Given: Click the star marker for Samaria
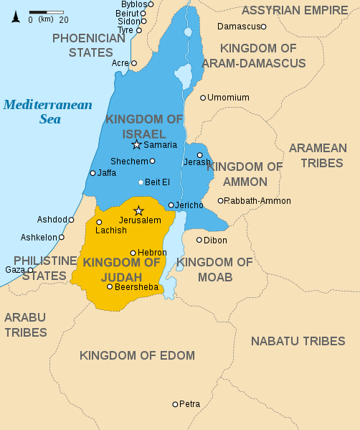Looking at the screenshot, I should pyautogui.click(x=137, y=145).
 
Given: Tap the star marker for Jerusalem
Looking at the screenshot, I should pyautogui.click(x=139, y=210).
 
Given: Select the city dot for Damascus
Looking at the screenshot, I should pyautogui.click(x=263, y=27).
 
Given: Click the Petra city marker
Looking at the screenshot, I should pyautogui.click(x=175, y=404).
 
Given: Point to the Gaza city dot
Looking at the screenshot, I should pyautogui.click(x=30, y=270).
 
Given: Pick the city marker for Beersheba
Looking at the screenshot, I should pyautogui.click(x=110, y=286).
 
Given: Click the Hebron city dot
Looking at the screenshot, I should pyautogui.click(x=133, y=253).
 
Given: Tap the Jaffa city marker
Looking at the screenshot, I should pyautogui.click(x=93, y=173).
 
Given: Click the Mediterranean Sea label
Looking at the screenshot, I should pyautogui.click(x=47, y=112).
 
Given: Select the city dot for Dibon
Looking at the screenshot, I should pyautogui.click(x=199, y=240).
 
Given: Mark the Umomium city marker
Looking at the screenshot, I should pyautogui.click(x=203, y=98).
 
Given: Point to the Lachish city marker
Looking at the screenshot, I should pyautogui.click(x=99, y=222).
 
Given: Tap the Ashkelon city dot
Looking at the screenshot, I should pyautogui.click(x=62, y=237).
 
